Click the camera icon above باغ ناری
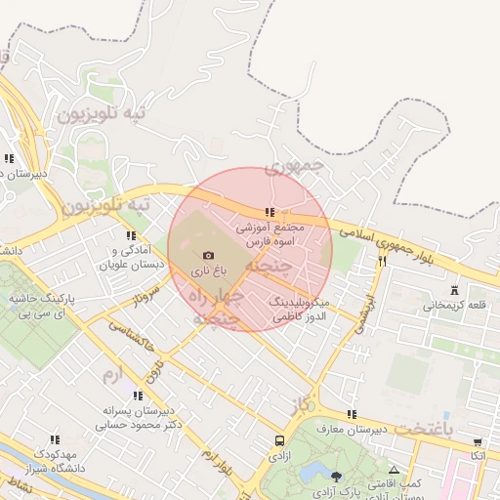pyautogui.click(x=207, y=255)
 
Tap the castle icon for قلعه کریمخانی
pyautogui.click(x=454, y=290)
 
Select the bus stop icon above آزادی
pyautogui.click(x=280, y=441)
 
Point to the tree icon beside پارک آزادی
pyautogui.click(x=337, y=478)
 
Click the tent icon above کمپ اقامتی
pyautogui.click(x=395, y=470)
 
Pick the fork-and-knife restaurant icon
pyautogui.click(x=382, y=260)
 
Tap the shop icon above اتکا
pyautogui.click(x=477, y=441)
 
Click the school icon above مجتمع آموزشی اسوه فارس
pyautogui.click(x=270, y=212)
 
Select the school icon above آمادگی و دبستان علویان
pyautogui.click(x=130, y=235)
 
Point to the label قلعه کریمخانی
pyautogui.click(x=454, y=305)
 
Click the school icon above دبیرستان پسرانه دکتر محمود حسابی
pyautogui.click(x=137, y=396)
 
